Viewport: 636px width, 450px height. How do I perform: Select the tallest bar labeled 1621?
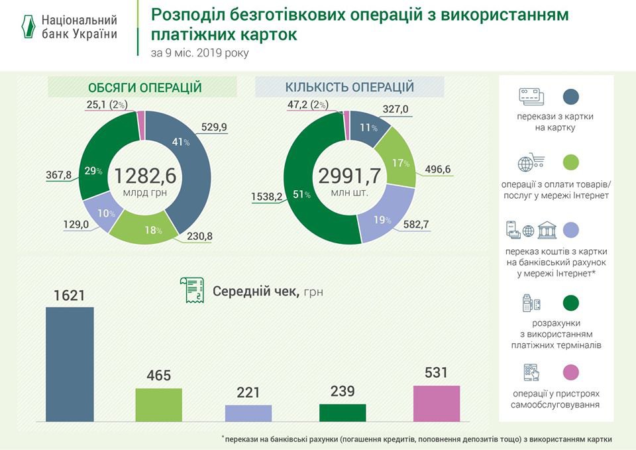[x=70, y=364]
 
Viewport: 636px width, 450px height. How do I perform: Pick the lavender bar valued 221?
[x=248, y=413]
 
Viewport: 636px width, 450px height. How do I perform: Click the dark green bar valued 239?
[x=342, y=412]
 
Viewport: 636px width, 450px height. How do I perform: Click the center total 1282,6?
[x=145, y=176]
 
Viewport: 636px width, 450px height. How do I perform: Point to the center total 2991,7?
[x=350, y=176]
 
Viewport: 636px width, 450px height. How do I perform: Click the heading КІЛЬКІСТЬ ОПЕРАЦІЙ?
[x=350, y=87]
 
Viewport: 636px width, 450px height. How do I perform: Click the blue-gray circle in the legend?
[x=570, y=97]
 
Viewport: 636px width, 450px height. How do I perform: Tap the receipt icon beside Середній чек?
[x=191, y=291]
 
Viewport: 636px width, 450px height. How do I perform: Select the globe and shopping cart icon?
[x=533, y=162]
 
